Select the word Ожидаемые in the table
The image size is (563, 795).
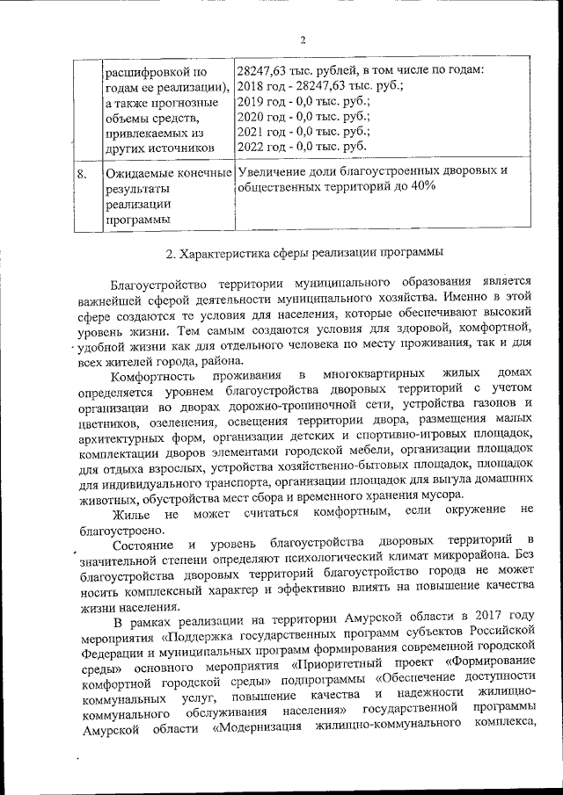(137, 172)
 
